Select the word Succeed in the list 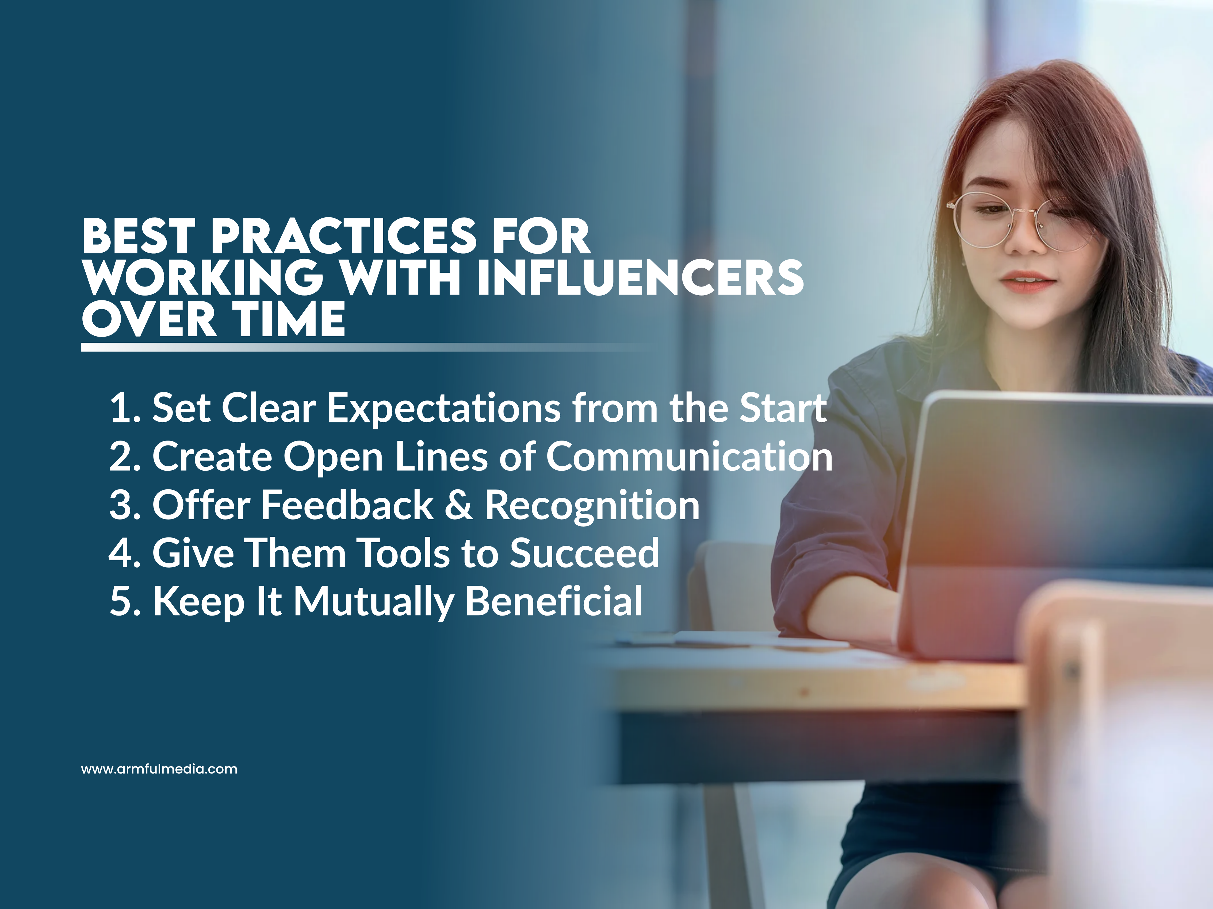pyautogui.click(x=584, y=553)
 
